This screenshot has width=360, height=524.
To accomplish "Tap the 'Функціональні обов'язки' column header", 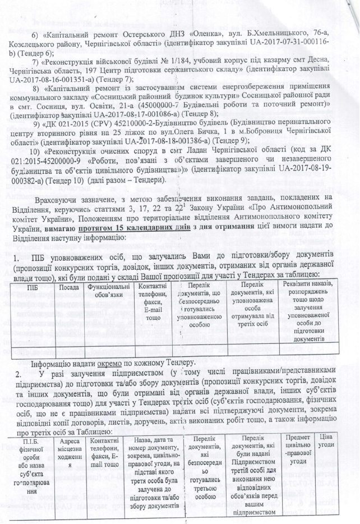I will pos(108,292).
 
